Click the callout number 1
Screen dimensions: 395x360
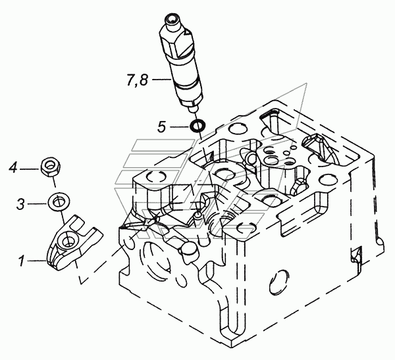point(22,261)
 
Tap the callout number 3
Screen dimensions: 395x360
point(20,204)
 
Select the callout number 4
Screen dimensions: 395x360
point(13,168)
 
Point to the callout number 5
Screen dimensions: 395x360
point(162,126)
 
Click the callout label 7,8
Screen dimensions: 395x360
point(137,80)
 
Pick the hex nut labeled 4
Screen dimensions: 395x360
point(51,167)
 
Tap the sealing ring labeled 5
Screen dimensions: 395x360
point(197,126)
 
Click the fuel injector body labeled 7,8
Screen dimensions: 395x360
point(182,63)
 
